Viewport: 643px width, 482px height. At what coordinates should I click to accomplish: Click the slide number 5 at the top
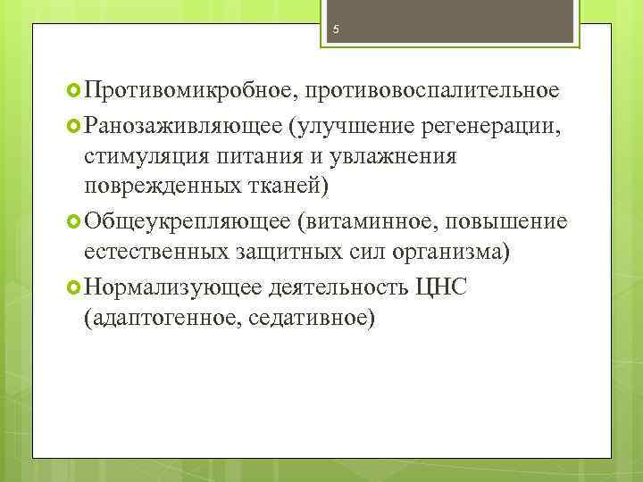[335, 29]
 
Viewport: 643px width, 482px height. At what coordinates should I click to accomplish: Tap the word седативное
[312, 317]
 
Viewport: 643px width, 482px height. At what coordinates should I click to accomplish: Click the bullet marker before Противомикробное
[74, 91]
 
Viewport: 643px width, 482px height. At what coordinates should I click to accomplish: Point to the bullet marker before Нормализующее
[74, 286]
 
